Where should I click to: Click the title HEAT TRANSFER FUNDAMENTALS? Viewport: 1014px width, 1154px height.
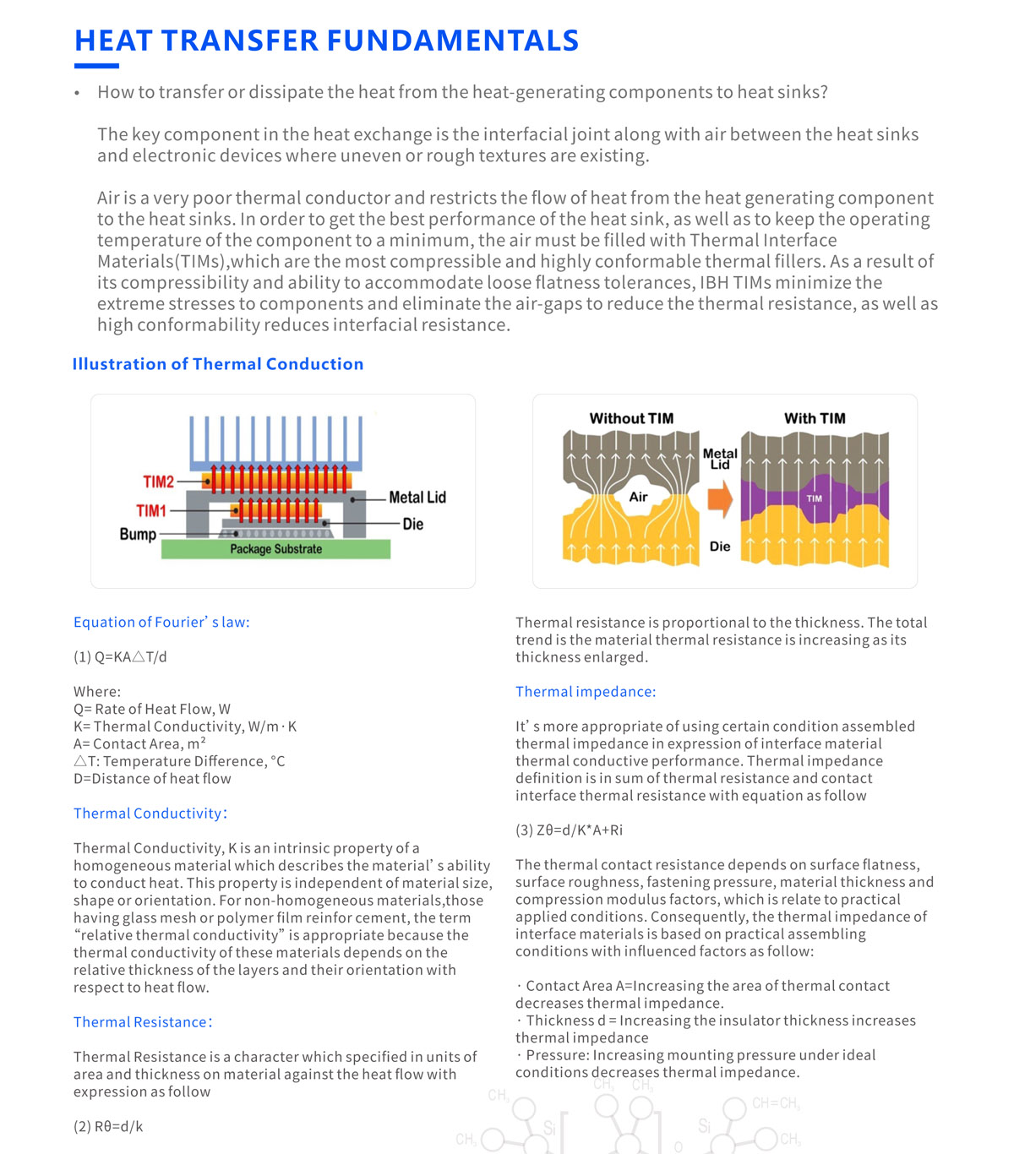pyautogui.click(x=326, y=41)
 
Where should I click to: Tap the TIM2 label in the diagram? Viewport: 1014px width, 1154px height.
pyautogui.click(x=158, y=482)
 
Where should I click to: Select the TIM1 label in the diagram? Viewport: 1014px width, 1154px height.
pyautogui.click(x=151, y=510)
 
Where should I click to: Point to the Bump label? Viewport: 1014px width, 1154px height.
pyautogui.click(x=138, y=534)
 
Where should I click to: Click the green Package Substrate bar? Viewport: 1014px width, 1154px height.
pyautogui.click(x=275, y=549)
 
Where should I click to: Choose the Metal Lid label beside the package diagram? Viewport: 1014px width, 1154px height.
pyautogui.click(x=417, y=498)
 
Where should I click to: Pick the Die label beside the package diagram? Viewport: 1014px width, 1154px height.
pyautogui.click(x=412, y=524)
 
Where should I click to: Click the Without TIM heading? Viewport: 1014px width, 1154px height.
pyautogui.click(x=631, y=418)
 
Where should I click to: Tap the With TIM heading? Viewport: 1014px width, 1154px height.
pyautogui.click(x=815, y=418)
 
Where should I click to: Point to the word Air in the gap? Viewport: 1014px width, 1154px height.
pyautogui.click(x=638, y=497)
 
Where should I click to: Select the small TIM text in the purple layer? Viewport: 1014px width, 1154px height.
pyautogui.click(x=814, y=498)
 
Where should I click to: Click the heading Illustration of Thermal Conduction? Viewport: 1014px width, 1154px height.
pyautogui.click(x=218, y=364)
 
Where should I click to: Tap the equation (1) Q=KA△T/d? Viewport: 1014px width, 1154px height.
pyautogui.click(x=120, y=656)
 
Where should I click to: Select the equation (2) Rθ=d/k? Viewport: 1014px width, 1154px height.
pyautogui.click(x=108, y=1126)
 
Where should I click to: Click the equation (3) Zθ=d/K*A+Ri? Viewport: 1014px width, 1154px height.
pyautogui.click(x=569, y=830)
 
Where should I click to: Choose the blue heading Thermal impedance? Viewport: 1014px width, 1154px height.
pyautogui.click(x=586, y=691)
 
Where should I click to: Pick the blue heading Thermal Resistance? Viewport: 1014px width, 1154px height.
pyautogui.click(x=143, y=1021)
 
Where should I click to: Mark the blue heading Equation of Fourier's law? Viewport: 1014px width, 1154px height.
pyautogui.click(x=161, y=622)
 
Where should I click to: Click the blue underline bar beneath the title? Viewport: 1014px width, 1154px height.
pyautogui.click(x=96, y=66)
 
